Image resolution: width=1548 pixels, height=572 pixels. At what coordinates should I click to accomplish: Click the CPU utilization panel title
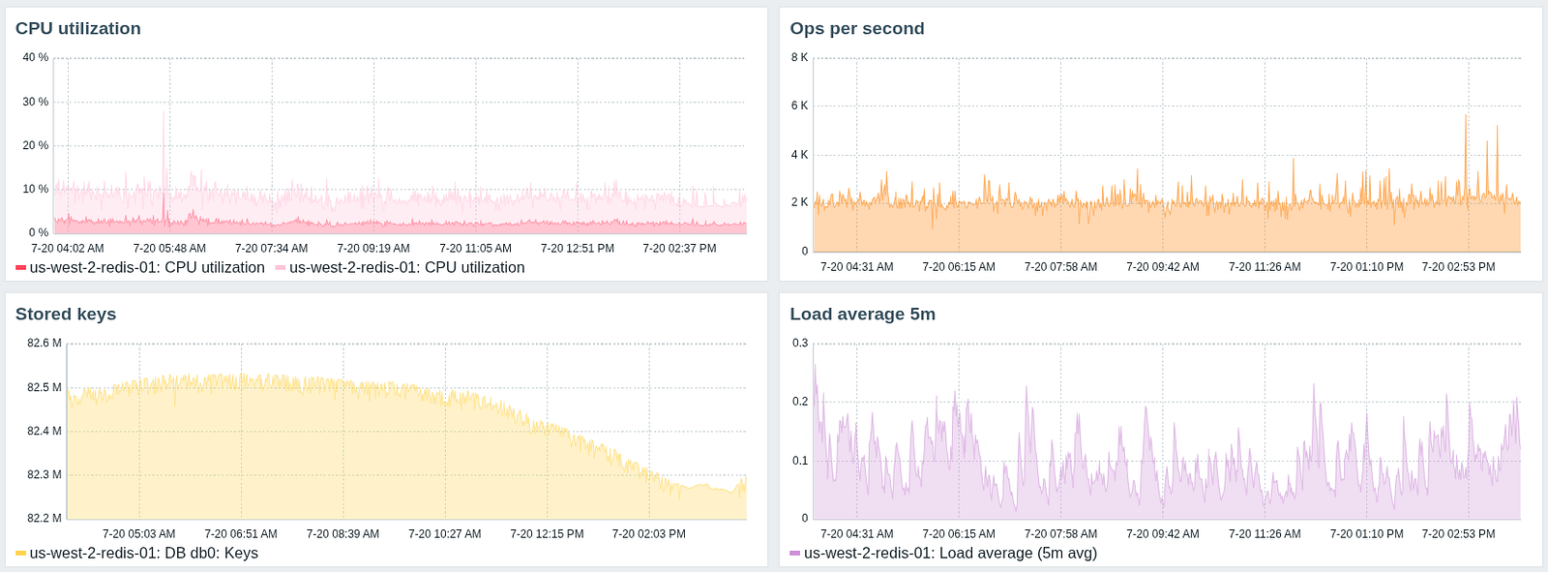pos(78,29)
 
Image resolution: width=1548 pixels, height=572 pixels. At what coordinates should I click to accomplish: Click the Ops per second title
pos(857,29)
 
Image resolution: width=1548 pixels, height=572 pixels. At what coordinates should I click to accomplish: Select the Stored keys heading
pos(66,315)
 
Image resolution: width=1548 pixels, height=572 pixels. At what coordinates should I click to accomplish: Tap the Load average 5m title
pos(863,315)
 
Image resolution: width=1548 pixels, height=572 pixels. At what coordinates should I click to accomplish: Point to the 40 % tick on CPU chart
pos(36,58)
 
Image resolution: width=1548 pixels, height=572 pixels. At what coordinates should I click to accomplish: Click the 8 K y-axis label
pos(799,58)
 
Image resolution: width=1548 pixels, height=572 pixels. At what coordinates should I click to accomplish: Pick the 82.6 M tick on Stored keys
pos(45,344)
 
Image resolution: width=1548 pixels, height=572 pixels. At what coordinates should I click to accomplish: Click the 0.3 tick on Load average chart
pos(800,344)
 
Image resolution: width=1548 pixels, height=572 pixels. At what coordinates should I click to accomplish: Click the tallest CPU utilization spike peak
pos(164,112)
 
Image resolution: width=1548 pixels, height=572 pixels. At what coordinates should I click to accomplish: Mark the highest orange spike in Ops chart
pos(1466,116)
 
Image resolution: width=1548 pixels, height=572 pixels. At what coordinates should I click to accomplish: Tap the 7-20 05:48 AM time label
pos(169,249)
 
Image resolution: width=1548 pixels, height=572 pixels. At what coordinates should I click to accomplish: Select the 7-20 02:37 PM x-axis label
pos(679,249)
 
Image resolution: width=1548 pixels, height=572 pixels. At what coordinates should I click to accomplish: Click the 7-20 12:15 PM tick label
pos(547,534)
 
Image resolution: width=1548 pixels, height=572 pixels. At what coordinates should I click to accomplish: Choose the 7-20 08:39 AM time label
pos(342,534)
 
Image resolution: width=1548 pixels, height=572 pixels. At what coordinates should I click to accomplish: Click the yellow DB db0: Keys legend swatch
pos(20,554)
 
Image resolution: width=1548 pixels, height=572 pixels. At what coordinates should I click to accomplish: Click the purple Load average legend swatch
pos(795,554)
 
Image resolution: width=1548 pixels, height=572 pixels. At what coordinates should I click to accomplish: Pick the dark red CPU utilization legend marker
pos(20,268)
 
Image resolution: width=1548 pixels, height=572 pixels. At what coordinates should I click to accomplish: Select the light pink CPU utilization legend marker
pos(281,268)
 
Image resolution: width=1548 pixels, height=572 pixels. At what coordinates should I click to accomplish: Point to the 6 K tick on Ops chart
pos(799,106)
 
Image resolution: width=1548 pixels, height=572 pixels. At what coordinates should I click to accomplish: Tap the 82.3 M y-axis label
pos(45,475)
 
